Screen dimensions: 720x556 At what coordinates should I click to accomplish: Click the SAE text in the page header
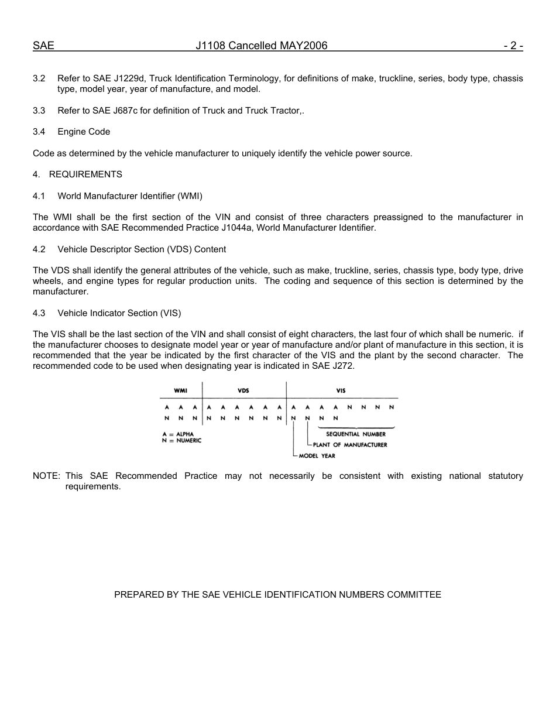click(43, 46)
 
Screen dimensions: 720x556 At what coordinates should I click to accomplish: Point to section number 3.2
click(39, 78)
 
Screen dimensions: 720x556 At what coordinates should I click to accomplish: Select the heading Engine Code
click(84, 132)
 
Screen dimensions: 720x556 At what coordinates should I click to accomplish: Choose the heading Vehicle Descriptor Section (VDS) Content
click(142, 249)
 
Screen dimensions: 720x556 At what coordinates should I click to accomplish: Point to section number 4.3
click(39, 313)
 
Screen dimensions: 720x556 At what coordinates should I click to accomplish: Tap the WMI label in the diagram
click(181, 390)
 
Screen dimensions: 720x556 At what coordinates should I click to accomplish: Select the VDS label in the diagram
click(243, 390)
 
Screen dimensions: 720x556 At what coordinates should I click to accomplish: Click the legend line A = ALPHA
click(177, 434)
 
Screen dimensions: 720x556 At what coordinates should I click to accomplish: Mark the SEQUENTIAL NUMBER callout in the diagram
click(356, 434)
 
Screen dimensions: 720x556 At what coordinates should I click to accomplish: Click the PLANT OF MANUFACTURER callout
click(350, 445)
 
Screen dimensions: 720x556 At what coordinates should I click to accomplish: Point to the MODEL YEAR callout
click(317, 456)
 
